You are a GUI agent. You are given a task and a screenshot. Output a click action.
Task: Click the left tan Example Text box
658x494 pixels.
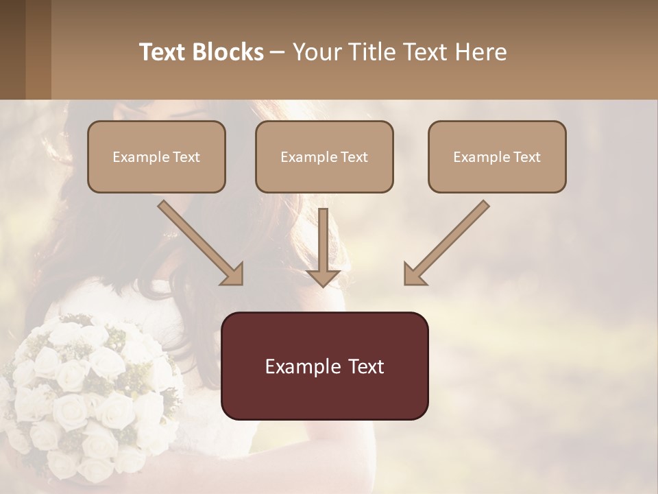click(156, 157)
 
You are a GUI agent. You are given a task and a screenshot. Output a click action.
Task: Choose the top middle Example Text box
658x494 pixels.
click(324, 157)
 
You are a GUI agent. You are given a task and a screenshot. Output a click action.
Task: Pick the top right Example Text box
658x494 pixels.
click(497, 157)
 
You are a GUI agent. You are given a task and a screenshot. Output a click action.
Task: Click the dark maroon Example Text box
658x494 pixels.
click(324, 366)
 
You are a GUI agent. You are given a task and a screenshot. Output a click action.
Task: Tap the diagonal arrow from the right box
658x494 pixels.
click(447, 242)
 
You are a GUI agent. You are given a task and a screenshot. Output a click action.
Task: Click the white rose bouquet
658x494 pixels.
click(86, 391)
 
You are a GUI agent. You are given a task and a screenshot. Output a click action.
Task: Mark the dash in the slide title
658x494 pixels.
click(278, 52)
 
